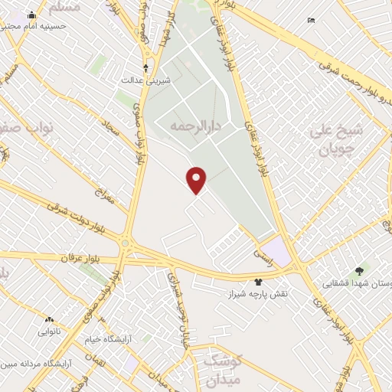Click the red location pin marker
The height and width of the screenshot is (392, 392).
197,181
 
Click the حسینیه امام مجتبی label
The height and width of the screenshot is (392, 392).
37,25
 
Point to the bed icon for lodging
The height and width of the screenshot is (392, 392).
311,20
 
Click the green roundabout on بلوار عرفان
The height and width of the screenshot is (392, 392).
125,243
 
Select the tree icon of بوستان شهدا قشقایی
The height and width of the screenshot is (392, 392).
360,270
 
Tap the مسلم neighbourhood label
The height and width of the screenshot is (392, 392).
63,8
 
